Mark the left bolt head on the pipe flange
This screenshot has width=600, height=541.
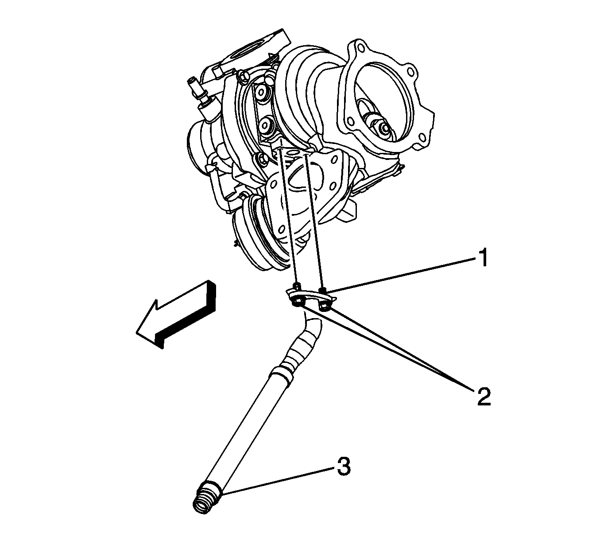click(297, 302)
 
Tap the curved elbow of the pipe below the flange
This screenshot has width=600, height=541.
click(310, 328)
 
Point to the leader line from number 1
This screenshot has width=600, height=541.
click(399, 275)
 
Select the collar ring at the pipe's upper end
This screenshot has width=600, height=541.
click(283, 370)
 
